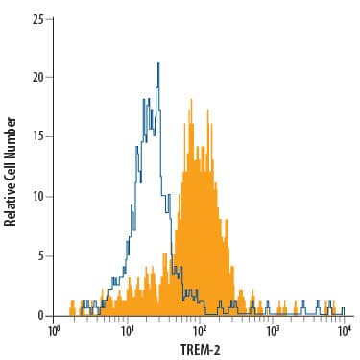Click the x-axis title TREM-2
click(x=200, y=349)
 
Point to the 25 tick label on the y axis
click(x=36, y=18)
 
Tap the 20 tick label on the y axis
click(x=36, y=78)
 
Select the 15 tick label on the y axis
click(x=36, y=137)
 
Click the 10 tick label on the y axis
click(x=36, y=197)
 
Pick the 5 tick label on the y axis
click(x=38, y=256)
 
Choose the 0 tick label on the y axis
click(x=38, y=316)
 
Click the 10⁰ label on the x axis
click(x=55, y=331)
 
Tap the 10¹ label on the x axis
click(x=128, y=331)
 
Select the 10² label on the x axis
click(x=200, y=331)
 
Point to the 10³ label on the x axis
click(x=273, y=331)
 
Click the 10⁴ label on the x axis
click(x=345, y=331)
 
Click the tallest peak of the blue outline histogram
click(x=157, y=64)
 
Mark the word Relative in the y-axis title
click(x=12, y=202)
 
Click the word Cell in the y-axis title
click(x=12, y=166)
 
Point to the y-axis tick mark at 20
click(x=52, y=78)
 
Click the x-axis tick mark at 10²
click(x=200, y=319)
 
